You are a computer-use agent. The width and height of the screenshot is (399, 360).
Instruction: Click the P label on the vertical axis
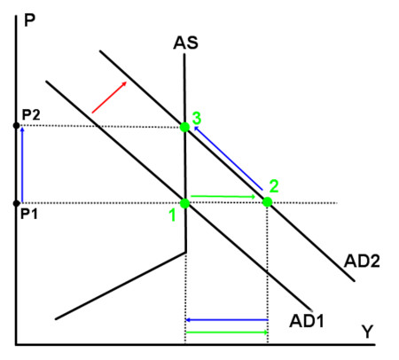[29, 20]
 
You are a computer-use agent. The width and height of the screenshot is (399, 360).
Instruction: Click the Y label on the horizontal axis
[367, 332]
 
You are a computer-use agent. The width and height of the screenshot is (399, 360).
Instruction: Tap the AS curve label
[185, 43]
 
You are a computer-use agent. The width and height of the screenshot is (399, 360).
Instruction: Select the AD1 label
[307, 321]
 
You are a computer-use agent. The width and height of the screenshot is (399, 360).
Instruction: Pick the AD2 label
[362, 261]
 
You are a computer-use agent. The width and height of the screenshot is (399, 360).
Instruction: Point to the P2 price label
[31, 114]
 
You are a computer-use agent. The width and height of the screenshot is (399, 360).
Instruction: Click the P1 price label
[29, 214]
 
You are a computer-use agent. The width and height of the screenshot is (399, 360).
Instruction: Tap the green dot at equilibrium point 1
[184, 203]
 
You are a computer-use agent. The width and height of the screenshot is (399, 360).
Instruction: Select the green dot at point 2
[267, 202]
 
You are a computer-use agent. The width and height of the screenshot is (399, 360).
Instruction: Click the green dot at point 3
[184, 127]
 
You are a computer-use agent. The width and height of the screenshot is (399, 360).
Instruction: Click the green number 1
[173, 215]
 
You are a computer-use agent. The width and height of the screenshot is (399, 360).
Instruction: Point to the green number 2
[274, 186]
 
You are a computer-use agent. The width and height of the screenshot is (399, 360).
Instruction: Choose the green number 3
[197, 118]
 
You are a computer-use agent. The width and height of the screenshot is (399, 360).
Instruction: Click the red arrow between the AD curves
[109, 98]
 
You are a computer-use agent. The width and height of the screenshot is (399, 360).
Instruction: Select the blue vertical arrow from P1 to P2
[22, 164]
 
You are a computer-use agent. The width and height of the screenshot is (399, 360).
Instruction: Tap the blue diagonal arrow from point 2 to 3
[228, 158]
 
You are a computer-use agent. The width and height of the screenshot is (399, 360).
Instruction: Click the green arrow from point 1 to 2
[223, 197]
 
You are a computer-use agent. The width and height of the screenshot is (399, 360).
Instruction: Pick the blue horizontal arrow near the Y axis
[227, 320]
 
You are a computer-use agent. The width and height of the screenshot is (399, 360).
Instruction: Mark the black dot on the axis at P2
[17, 126]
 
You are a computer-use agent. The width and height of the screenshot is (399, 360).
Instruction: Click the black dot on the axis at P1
[17, 203]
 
